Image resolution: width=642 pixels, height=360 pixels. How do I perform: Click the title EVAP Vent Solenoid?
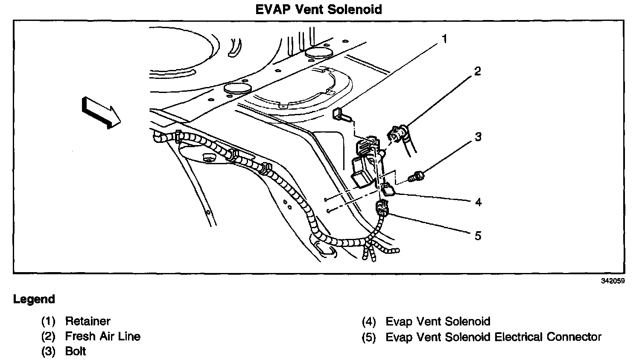click(x=318, y=9)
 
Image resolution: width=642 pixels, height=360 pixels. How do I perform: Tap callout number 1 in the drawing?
click(x=444, y=40)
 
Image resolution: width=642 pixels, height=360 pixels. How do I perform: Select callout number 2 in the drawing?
click(x=477, y=71)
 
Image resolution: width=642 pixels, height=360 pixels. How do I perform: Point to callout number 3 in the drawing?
click(x=478, y=137)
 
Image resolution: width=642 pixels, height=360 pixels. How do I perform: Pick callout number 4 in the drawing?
click(x=478, y=202)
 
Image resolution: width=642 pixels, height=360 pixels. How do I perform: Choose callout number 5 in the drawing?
click(x=478, y=235)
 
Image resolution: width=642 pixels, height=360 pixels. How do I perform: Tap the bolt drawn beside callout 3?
click(x=415, y=176)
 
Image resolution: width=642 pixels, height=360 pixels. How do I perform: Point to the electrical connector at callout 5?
click(x=381, y=209)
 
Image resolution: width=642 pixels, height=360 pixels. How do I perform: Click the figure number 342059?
click(x=613, y=281)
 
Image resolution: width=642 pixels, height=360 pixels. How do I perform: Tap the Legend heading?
click(x=34, y=299)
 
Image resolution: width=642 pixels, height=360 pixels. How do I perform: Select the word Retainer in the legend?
click(x=88, y=321)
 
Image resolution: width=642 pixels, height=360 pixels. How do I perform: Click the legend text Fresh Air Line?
click(x=102, y=336)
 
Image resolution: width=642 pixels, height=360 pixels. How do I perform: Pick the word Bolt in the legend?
click(x=76, y=351)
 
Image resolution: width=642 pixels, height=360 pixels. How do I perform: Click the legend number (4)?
click(x=369, y=322)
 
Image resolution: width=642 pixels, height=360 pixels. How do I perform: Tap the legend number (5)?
click(x=369, y=337)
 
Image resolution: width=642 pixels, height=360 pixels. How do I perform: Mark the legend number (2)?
click(x=48, y=337)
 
